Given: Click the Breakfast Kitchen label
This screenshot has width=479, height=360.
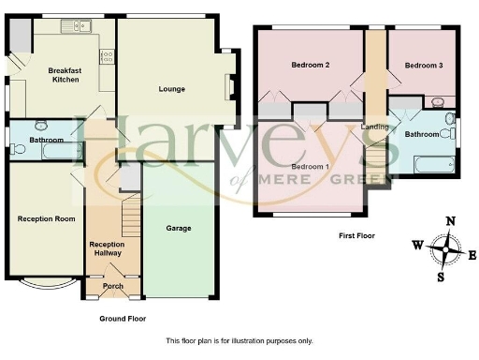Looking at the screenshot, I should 65,75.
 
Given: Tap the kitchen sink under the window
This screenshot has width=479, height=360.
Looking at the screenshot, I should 73,27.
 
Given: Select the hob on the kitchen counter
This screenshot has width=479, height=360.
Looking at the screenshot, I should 107,56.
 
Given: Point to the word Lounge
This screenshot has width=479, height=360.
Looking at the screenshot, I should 171,89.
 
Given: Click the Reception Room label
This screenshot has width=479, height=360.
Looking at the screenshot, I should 46,218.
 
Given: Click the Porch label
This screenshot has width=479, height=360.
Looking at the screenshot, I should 112,286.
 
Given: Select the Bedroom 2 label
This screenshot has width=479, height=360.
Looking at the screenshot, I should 310,65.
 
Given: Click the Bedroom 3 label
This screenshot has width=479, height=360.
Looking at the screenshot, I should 421,65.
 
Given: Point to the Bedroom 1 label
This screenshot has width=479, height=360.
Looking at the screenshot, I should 309,166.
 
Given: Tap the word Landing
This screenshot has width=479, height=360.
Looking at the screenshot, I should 374,126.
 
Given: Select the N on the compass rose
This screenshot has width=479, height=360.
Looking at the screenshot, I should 451,221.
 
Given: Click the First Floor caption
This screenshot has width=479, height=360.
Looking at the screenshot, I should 356,235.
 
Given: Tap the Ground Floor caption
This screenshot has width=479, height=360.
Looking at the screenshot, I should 123,319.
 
